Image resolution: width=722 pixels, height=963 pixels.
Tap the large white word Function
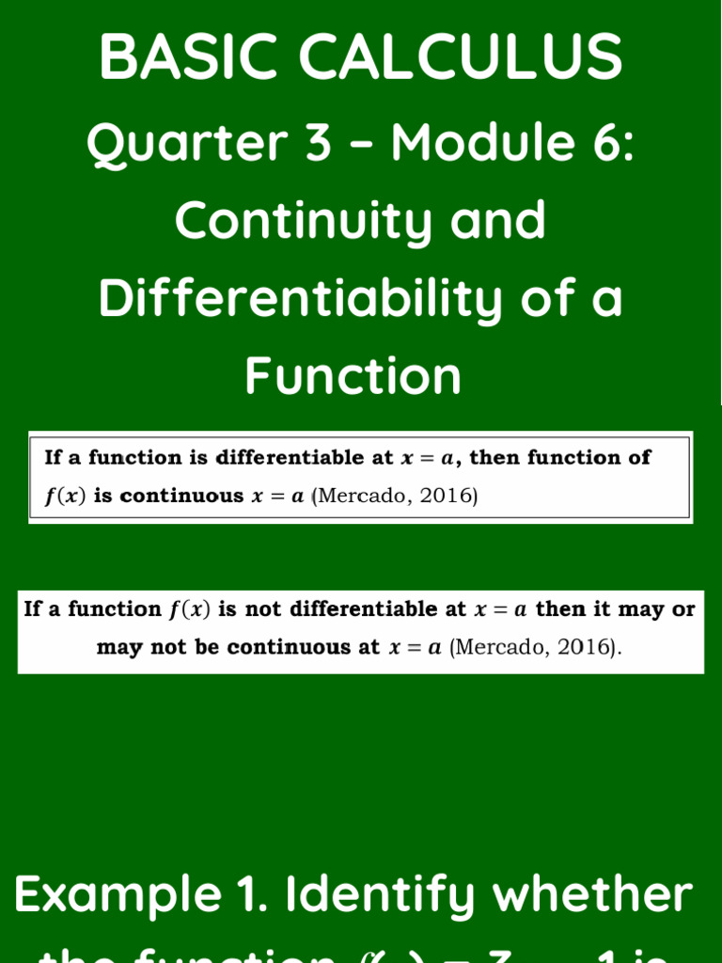[353, 376]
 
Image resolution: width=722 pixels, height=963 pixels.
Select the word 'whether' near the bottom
[593, 895]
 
